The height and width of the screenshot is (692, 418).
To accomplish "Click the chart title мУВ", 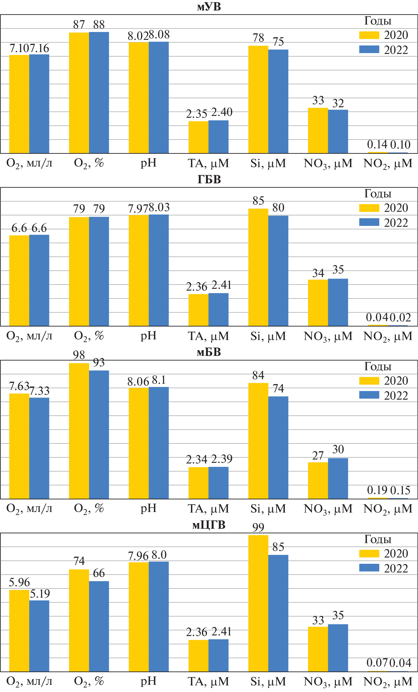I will [x=209, y=7].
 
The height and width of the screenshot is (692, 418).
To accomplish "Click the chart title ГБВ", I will [x=209, y=179].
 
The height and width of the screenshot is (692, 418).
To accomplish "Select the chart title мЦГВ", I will [x=209, y=525].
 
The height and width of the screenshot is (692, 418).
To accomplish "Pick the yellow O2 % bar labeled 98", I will [x=79, y=431].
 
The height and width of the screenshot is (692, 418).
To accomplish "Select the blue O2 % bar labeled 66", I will [x=99, y=626].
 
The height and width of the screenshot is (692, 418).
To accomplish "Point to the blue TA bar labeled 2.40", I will [x=218, y=137].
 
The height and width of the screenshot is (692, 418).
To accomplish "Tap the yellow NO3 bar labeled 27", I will [x=318, y=481].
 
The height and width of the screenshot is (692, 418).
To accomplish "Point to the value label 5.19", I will [x=40, y=594].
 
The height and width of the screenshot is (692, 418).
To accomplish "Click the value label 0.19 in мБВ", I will [x=377, y=490].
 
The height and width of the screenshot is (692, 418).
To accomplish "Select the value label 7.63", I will [x=19, y=386].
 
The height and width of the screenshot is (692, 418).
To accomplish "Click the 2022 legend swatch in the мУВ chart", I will [x=369, y=49].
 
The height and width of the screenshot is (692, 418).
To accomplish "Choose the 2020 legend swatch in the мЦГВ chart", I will [x=369, y=554].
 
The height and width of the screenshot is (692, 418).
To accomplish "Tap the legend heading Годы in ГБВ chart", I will [x=378, y=194].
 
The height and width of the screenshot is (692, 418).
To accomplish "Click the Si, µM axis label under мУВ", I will [x=268, y=164].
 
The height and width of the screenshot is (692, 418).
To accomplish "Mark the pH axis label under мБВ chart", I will [x=149, y=508].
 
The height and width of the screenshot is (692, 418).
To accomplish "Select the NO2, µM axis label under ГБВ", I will [x=388, y=336].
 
